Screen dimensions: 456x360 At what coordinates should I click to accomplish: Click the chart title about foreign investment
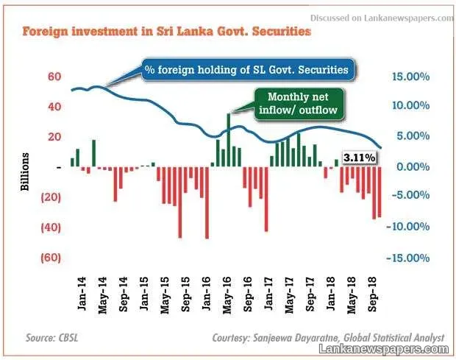pyautogui.click(x=167, y=31)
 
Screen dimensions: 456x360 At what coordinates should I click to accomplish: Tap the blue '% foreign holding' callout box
pyautogui.click(x=249, y=70)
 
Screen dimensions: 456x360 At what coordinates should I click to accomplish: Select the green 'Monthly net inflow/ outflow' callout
pyautogui.click(x=299, y=104)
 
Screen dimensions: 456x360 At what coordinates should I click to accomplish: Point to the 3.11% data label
pyautogui.click(x=359, y=158)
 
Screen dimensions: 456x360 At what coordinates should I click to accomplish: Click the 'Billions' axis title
pyautogui.click(x=25, y=172)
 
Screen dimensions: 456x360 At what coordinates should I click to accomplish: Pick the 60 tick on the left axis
pyautogui.click(x=54, y=77)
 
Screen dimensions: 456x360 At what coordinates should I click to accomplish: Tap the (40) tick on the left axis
pyautogui.click(x=51, y=227)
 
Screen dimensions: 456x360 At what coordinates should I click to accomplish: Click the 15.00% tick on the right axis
pyautogui.click(x=411, y=77)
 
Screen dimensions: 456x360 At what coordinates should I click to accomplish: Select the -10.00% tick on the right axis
pyautogui.click(x=408, y=227)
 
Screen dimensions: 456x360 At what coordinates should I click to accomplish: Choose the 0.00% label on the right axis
pyautogui.click(x=413, y=167)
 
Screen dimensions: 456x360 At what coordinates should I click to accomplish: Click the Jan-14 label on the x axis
pyautogui.click(x=82, y=293)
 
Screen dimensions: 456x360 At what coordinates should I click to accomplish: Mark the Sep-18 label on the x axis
pyautogui.click(x=372, y=294)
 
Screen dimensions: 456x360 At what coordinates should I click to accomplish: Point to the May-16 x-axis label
pyautogui.click(x=227, y=295)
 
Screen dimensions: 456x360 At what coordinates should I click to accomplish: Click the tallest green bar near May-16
pyautogui.click(x=229, y=140)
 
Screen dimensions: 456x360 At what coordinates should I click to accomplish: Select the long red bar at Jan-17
pyautogui.click(x=266, y=199)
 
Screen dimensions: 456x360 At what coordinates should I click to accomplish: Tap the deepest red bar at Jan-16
pyautogui.click(x=207, y=202)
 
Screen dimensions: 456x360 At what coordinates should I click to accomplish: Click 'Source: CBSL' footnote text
pyautogui.click(x=52, y=338)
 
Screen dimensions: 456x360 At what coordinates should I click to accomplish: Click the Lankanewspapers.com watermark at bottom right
pyautogui.click(x=384, y=349)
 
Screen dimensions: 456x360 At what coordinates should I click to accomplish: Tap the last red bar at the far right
pyautogui.click(x=380, y=192)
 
